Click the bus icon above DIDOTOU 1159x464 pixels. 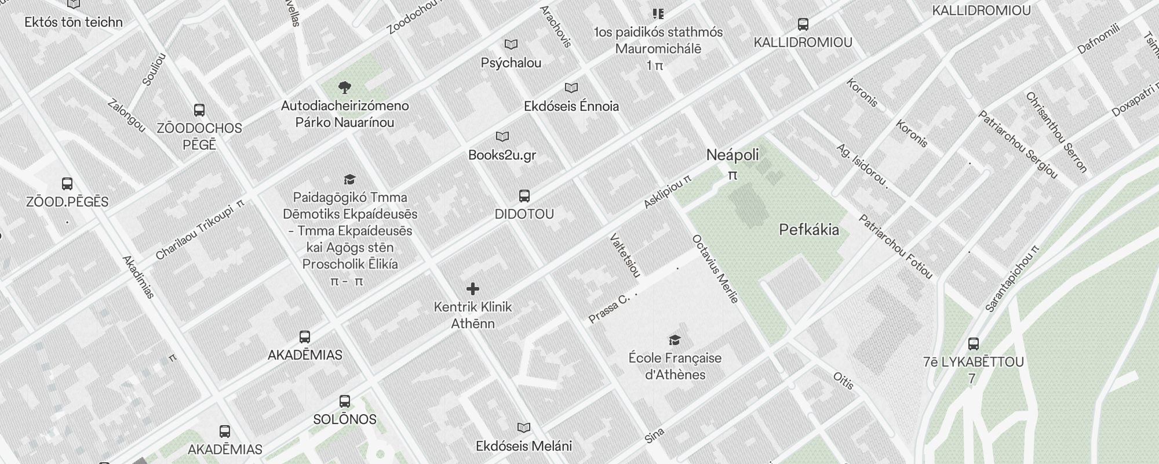tap(524, 195)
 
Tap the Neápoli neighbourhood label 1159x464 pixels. tap(732, 155)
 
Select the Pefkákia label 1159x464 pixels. tap(809, 230)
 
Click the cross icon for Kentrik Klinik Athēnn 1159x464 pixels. tap(473, 289)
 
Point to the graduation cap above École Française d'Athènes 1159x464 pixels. tap(675, 339)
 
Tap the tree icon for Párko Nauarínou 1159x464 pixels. tap(345, 88)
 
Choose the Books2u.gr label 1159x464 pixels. tap(502, 155)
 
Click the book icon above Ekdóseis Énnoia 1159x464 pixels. tap(571, 88)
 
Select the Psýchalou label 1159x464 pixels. tap(511, 63)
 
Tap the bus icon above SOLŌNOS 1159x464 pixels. tap(345, 401)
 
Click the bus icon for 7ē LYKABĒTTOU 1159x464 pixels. tap(974, 343)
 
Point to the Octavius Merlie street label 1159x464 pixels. tap(715, 269)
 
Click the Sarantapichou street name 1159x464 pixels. tap(1012, 279)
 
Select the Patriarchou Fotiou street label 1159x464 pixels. tap(895, 246)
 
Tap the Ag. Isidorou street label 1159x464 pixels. tap(862, 165)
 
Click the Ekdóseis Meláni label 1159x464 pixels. tap(524, 446)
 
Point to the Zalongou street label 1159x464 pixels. tap(126, 115)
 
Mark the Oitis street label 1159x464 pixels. tap(844, 380)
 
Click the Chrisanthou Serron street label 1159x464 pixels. tap(1056, 132)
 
